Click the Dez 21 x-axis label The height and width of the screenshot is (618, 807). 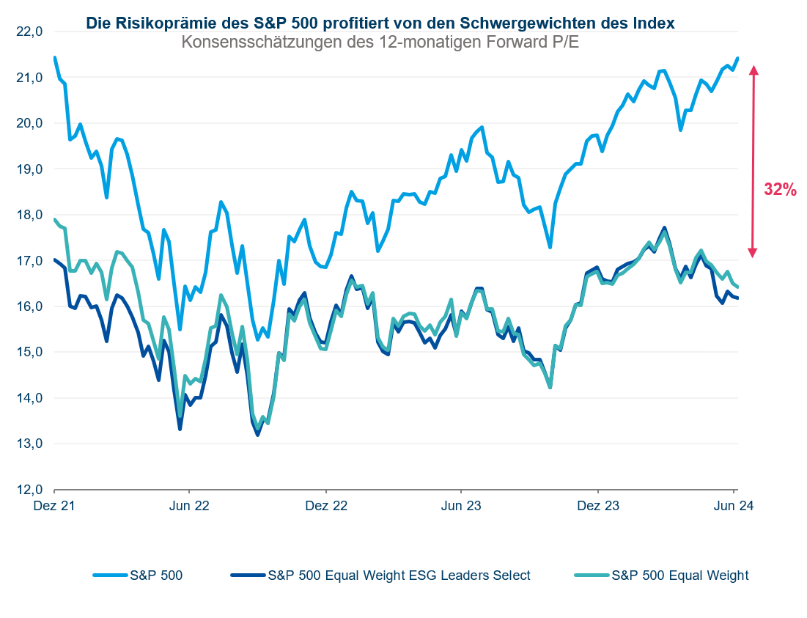(55, 506)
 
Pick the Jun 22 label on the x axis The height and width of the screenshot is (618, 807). (189, 506)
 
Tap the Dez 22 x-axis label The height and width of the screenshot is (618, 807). (326, 506)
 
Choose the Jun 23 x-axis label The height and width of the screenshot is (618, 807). (461, 506)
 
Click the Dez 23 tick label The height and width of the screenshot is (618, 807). (598, 506)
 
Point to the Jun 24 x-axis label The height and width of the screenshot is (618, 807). (734, 506)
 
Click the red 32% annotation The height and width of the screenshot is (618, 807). (780, 189)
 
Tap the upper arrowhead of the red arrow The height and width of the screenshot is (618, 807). (753, 70)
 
